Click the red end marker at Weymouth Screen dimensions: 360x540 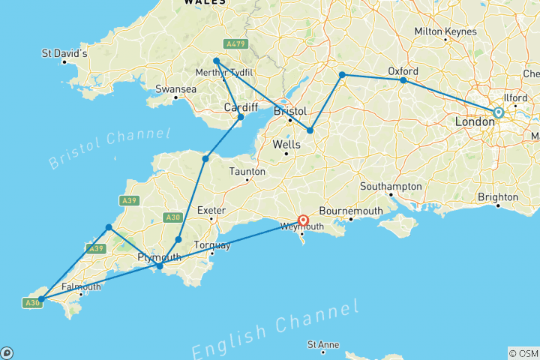point(303,220)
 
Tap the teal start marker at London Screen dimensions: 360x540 point(498,112)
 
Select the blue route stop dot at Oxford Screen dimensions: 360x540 point(403,80)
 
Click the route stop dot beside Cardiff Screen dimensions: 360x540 point(241,117)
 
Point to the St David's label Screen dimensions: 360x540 point(64,54)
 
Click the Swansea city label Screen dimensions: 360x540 point(175,88)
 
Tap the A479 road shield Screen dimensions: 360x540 point(235,43)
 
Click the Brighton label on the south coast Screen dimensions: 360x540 point(499,197)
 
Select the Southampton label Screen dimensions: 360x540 point(390,186)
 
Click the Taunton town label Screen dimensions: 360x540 point(247,172)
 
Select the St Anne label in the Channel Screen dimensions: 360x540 point(323,344)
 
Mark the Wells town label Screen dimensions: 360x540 point(286,143)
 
